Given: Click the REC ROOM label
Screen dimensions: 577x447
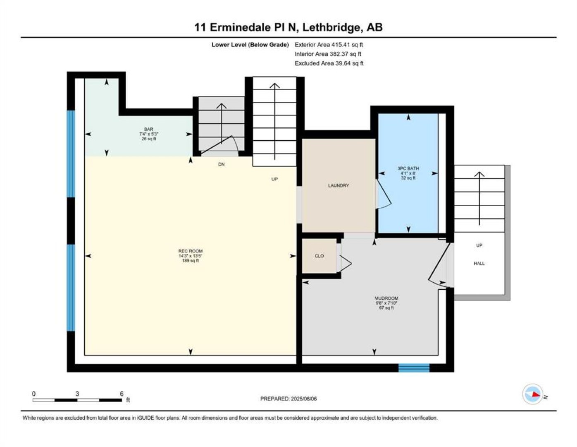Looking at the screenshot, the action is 191,251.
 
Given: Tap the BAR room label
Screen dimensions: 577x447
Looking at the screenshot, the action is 149,129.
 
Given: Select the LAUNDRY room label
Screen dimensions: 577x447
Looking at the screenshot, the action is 338,185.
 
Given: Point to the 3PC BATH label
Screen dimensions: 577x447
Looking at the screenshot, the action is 408,168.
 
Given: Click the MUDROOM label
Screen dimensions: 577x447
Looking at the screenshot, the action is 386,298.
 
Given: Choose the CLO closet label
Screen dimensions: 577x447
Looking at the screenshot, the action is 319,256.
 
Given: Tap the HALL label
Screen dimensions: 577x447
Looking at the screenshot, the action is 479,263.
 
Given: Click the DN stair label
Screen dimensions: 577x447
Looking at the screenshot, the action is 221,164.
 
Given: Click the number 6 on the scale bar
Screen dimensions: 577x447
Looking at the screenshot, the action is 122,394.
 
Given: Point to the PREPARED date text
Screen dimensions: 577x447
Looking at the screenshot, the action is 288,399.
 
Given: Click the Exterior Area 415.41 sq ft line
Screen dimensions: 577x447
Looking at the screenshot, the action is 329,45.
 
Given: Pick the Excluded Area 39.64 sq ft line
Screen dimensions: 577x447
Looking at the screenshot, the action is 329,63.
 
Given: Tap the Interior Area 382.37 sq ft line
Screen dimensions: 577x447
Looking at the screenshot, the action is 328,54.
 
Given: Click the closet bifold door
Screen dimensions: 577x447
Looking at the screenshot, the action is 345,264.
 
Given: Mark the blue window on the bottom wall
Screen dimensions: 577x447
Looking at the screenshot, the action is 414,368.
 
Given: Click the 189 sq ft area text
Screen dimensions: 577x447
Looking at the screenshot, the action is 191,261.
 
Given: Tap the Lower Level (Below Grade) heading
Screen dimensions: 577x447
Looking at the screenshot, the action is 250,45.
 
